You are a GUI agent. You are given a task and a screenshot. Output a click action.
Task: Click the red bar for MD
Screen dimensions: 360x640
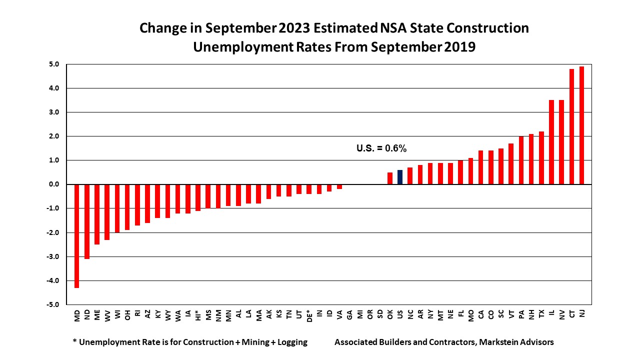pyautogui.click(x=77, y=236)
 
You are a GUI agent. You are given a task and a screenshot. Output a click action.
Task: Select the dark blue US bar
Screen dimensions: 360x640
pyautogui.click(x=400, y=177)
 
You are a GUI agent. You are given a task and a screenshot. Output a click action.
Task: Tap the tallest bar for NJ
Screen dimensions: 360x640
pyautogui.click(x=581, y=125)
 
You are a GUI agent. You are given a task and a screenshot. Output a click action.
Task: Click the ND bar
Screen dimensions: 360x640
pyautogui.click(x=87, y=221)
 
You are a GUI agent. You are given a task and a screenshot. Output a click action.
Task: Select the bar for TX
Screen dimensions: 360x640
pyautogui.click(x=541, y=158)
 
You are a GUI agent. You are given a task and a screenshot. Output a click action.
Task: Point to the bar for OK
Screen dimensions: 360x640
pyautogui.click(x=390, y=178)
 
